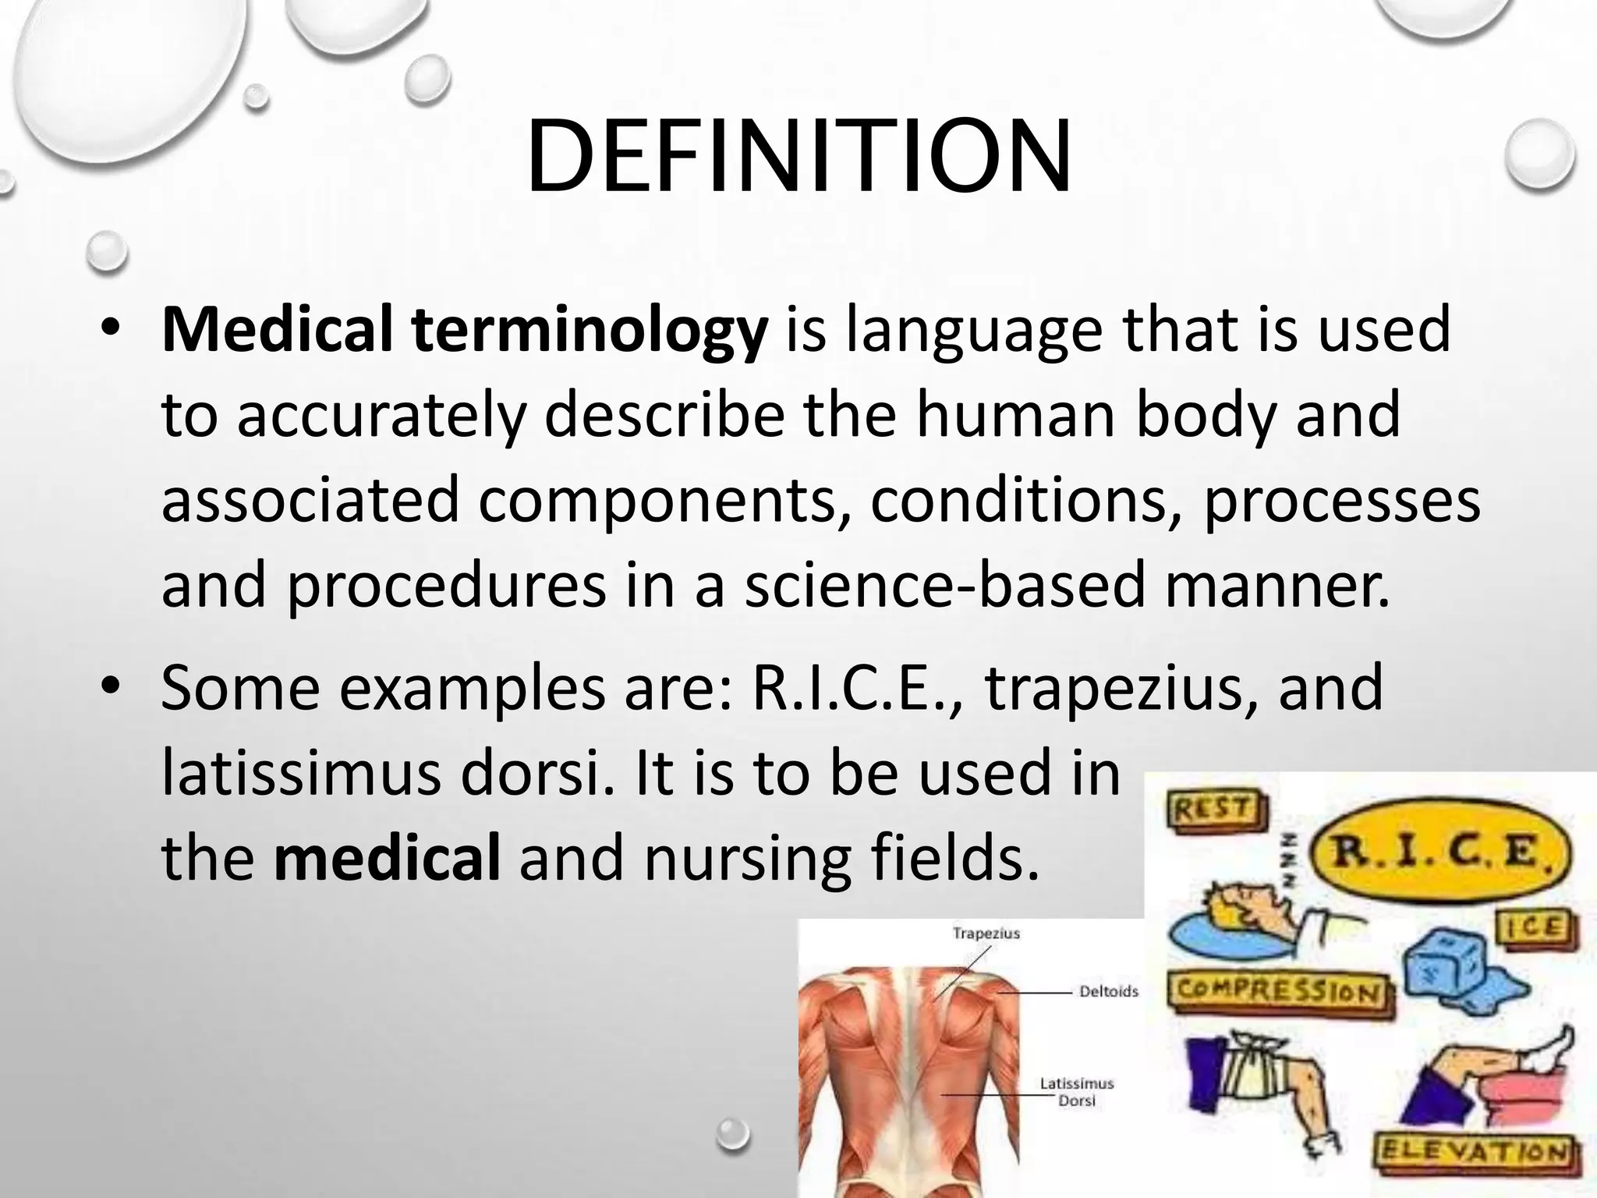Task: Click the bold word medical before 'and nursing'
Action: click(388, 858)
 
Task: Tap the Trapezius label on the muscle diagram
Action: click(986, 934)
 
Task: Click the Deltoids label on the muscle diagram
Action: click(1109, 992)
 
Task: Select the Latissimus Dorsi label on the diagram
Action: click(1077, 1092)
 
